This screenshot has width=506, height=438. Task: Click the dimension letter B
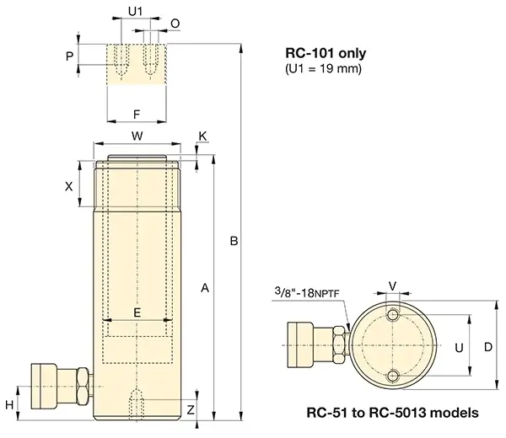[x=234, y=242]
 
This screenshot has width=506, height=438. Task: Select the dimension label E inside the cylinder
[x=137, y=312]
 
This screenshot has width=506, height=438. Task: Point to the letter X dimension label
[x=69, y=187]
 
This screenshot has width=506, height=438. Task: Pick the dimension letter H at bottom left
[x=9, y=405]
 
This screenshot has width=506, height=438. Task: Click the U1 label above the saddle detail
[x=136, y=12]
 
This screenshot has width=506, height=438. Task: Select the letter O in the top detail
[x=175, y=23]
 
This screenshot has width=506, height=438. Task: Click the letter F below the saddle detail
[x=137, y=113]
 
